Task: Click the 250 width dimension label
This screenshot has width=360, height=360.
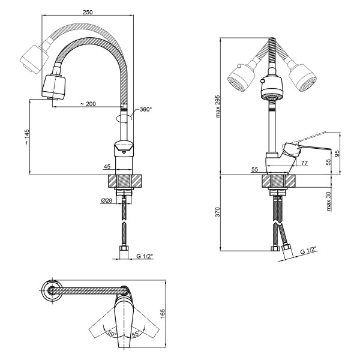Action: coord(88,12)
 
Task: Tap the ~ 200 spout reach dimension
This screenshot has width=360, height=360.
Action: coord(88,104)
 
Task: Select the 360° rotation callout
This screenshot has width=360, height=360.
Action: coord(146,109)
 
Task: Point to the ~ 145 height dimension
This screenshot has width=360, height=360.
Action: coord(27,137)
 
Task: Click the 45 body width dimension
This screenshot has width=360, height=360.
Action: coord(107,166)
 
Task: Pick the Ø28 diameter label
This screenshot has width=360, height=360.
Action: coord(107,200)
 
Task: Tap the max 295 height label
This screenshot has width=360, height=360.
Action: coord(218,106)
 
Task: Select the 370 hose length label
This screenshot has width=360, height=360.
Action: coord(218,212)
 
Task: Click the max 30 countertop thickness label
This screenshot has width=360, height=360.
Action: coord(329,202)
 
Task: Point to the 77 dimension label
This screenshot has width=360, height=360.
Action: coord(304,163)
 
